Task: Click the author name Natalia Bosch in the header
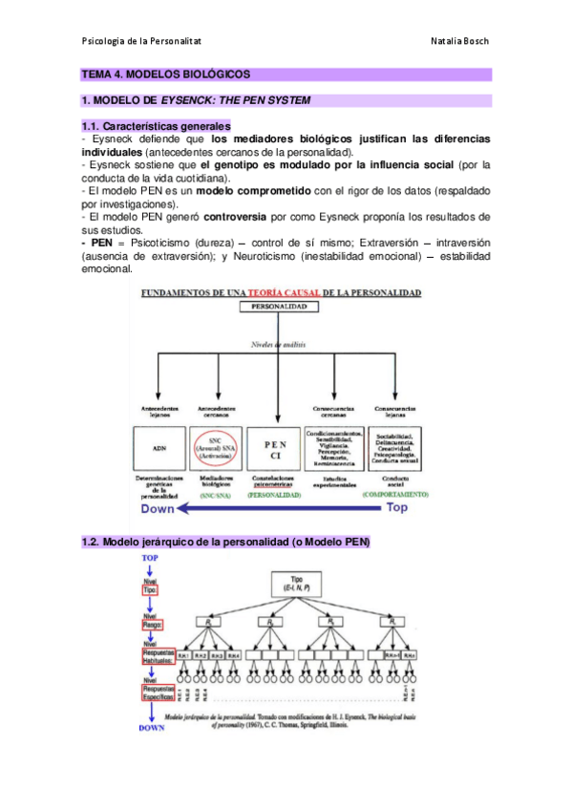coord(459,41)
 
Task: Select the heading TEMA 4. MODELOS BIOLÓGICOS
coord(165,74)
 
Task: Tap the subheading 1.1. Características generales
coord(156,126)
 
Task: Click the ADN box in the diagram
coord(159,446)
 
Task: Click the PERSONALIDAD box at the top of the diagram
coord(278,309)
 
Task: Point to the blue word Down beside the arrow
coord(159,509)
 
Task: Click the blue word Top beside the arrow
coord(395,509)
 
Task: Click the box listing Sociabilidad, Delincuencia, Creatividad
coord(395,446)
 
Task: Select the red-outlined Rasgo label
coord(151,627)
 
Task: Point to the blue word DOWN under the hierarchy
coord(151,727)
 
